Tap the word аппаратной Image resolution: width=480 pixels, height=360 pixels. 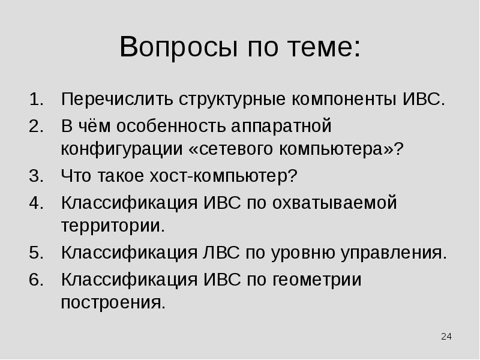tap(279, 127)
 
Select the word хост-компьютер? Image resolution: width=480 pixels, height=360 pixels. tap(236, 177)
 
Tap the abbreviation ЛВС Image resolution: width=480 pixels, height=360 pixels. tap(221, 252)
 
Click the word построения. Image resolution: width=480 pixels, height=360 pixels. tap(113, 302)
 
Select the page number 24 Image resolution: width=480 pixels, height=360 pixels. tap(446, 336)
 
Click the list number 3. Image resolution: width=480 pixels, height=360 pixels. tap(35, 177)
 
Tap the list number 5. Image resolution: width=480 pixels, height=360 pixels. tap(35, 252)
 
